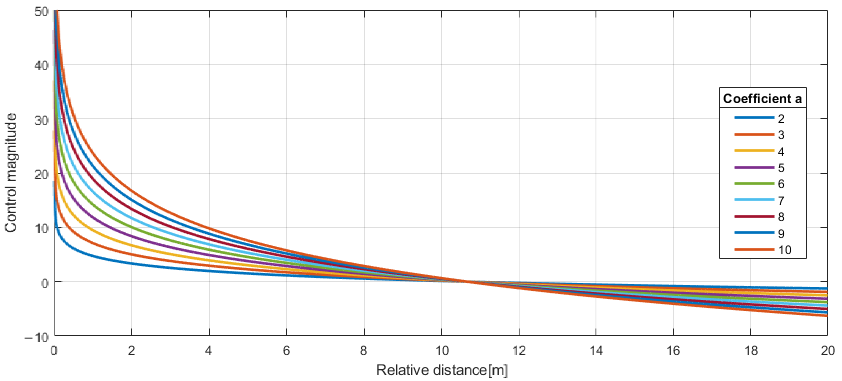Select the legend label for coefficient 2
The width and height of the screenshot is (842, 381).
point(781,119)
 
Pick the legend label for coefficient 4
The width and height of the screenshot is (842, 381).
point(781,152)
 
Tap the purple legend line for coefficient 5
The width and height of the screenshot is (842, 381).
point(754,168)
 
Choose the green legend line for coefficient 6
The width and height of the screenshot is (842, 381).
point(754,184)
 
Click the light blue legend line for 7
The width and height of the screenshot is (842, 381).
point(754,200)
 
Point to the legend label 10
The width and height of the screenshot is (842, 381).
point(785,250)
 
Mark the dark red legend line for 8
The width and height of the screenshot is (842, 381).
point(754,217)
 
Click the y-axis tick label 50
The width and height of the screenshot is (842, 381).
point(41,12)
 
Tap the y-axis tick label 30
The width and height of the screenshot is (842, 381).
point(41,120)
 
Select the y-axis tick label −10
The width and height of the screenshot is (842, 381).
point(37,337)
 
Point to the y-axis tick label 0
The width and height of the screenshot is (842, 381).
point(45,283)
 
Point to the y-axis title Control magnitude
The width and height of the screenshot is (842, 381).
point(11,173)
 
